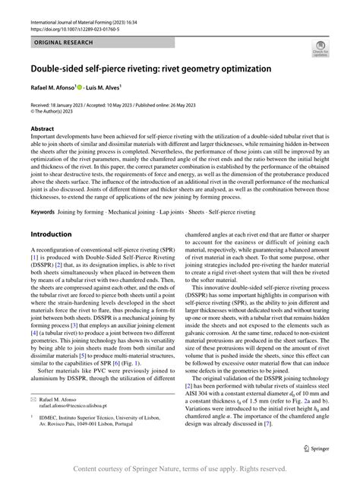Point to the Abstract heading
(x=43, y=129)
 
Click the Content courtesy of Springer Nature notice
(x=180, y=467)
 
